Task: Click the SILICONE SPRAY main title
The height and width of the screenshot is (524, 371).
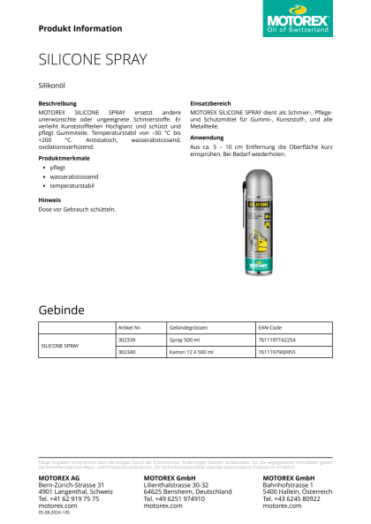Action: [93, 60]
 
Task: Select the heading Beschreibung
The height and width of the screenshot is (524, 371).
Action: [57, 103]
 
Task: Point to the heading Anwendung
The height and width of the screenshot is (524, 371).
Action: [207, 137]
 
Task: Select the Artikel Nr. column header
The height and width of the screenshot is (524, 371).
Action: [130, 326]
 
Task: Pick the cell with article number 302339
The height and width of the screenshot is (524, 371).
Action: [126, 339]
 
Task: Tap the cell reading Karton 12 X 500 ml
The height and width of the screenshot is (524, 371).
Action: [192, 351]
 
